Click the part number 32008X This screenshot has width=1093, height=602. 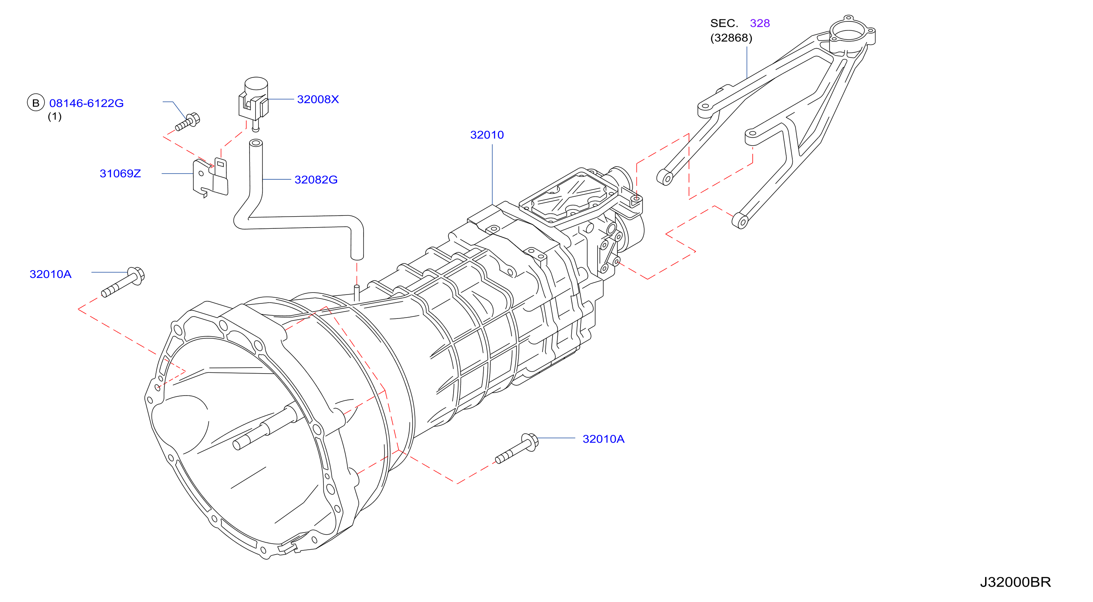pos(318,99)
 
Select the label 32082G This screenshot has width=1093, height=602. pos(316,179)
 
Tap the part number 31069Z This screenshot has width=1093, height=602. pos(120,174)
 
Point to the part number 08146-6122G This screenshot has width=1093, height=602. pos(86,103)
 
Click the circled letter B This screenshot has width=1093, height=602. pos(36,103)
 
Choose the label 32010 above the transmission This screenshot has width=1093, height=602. pos(487,135)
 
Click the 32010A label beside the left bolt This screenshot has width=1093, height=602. pos(50,274)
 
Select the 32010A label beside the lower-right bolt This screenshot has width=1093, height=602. pos(603,439)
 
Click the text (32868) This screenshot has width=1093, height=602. pos(731,38)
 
